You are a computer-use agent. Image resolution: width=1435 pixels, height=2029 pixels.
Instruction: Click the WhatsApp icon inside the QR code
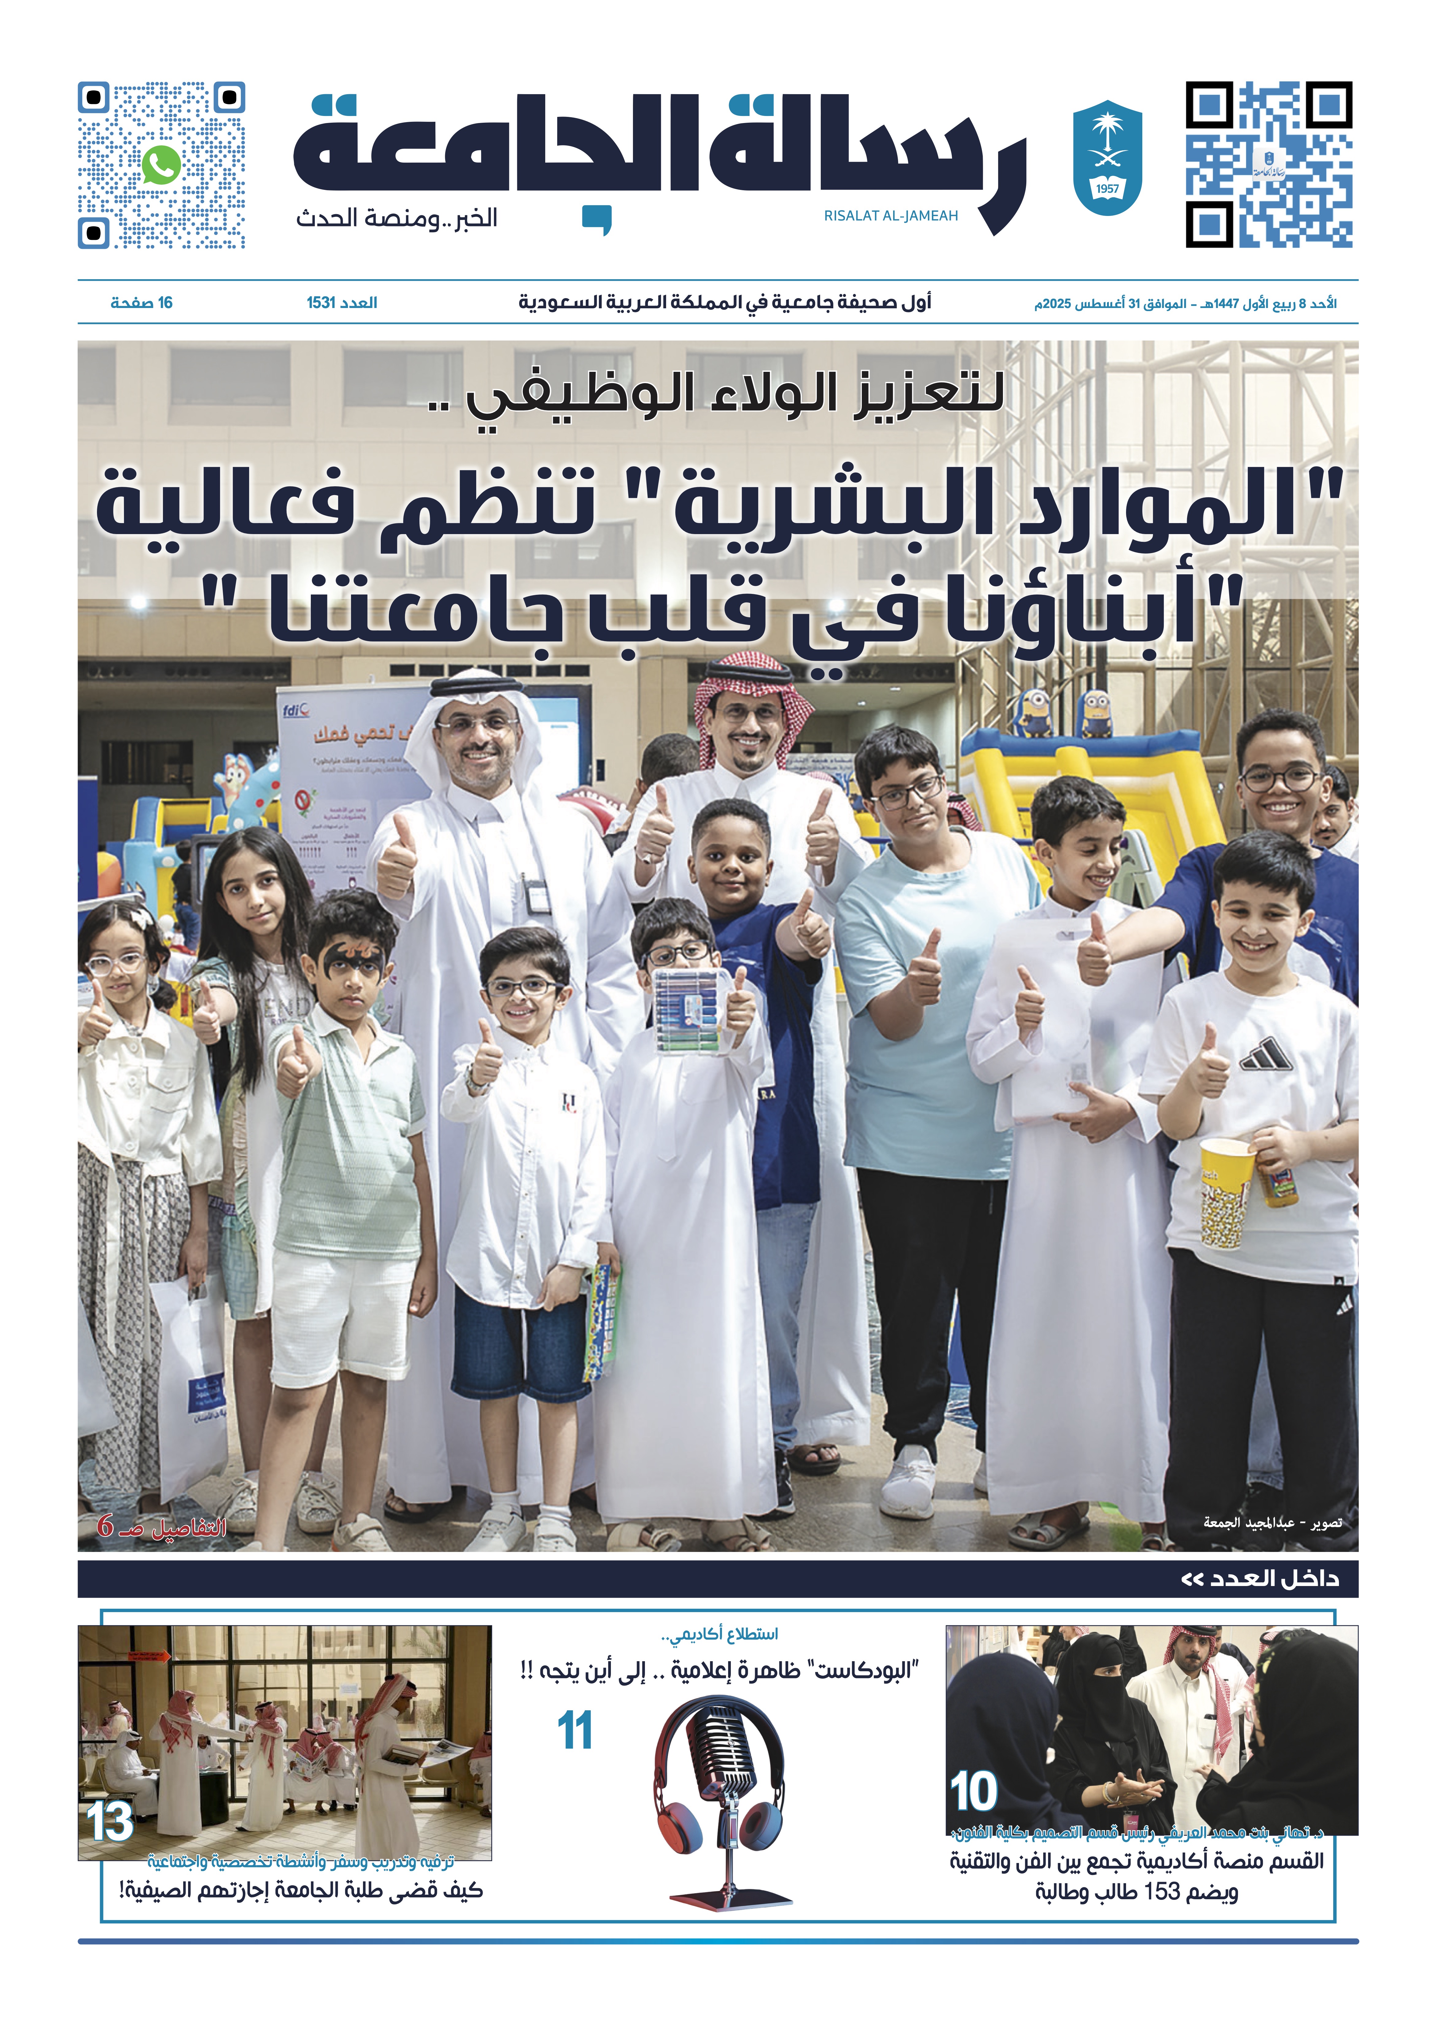point(160,164)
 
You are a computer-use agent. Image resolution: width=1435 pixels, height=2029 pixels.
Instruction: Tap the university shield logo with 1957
point(1106,162)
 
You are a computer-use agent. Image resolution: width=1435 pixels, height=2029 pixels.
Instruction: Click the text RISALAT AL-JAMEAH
point(891,216)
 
